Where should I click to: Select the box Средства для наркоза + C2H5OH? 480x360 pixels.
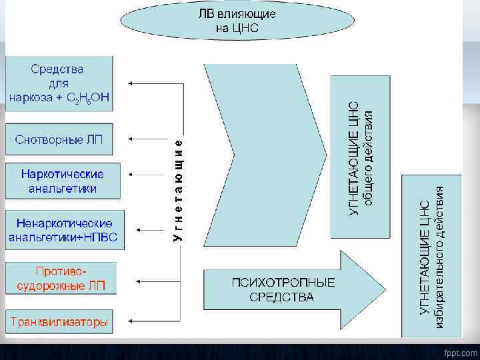tap(58, 83)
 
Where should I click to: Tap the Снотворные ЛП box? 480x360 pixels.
tap(58, 139)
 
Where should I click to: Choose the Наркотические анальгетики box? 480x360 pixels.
tap(62, 181)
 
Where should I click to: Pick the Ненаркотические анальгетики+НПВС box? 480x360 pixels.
tap(64, 230)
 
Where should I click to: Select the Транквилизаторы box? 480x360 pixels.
tap(58, 323)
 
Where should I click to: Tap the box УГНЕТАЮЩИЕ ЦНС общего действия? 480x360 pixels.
tap(360, 157)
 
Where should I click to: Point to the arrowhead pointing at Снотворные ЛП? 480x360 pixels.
tap(130, 139)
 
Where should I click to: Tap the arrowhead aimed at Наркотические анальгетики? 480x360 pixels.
tap(131, 175)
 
